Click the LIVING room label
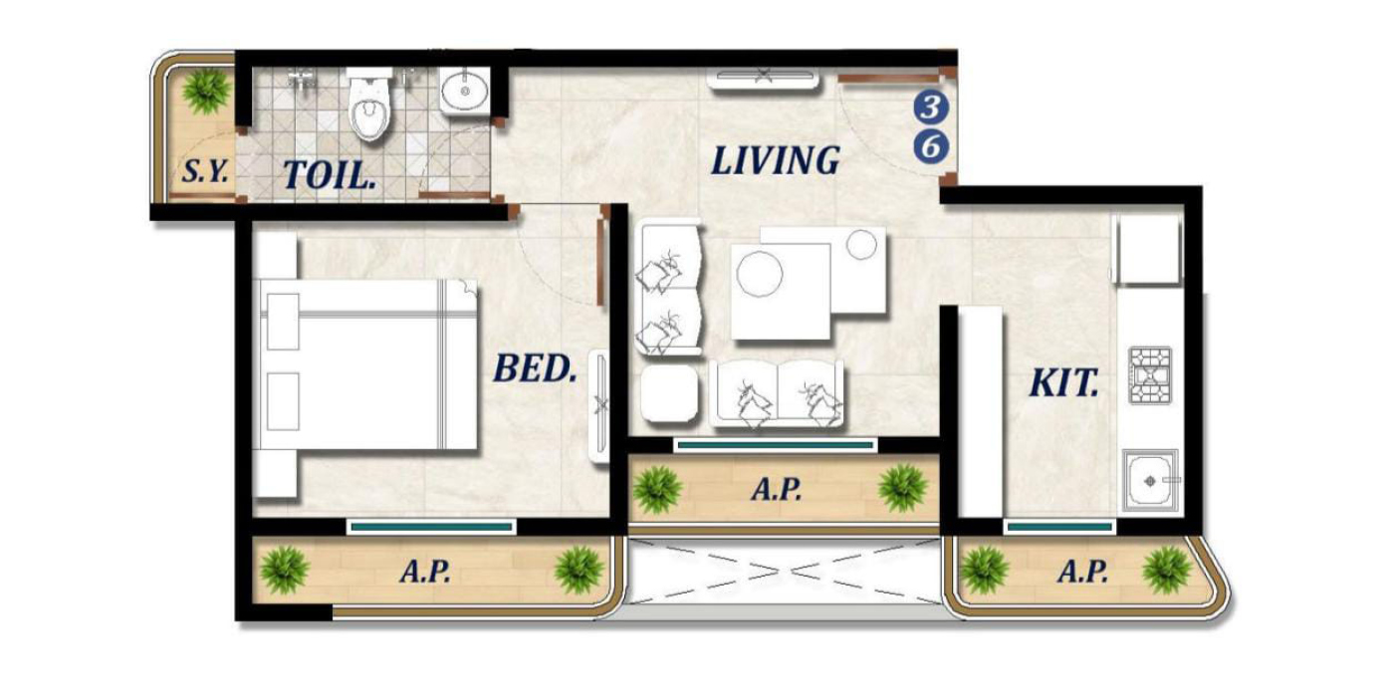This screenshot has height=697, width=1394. click(x=775, y=160)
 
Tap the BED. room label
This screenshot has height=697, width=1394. click(x=535, y=369)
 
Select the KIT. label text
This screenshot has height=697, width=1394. click(x=1063, y=382)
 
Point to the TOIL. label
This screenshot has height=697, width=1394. click(x=330, y=174)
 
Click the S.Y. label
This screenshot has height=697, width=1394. click(x=205, y=172)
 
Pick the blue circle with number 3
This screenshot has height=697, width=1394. click(x=931, y=107)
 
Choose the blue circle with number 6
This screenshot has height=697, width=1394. click(x=931, y=146)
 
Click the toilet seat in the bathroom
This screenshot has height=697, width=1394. click(x=367, y=109)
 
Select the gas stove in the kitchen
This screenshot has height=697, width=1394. click(x=1150, y=376)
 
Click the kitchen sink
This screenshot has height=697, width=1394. click(x=1151, y=480)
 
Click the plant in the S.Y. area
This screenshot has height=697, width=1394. click(x=206, y=90)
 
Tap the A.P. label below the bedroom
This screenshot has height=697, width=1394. click(x=425, y=573)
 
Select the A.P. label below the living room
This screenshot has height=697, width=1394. click(x=777, y=490)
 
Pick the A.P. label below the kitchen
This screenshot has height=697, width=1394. click(x=1082, y=573)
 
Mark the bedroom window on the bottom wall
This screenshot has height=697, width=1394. click(x=431, y=526)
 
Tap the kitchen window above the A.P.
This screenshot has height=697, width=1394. click(x=1057, y=526)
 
